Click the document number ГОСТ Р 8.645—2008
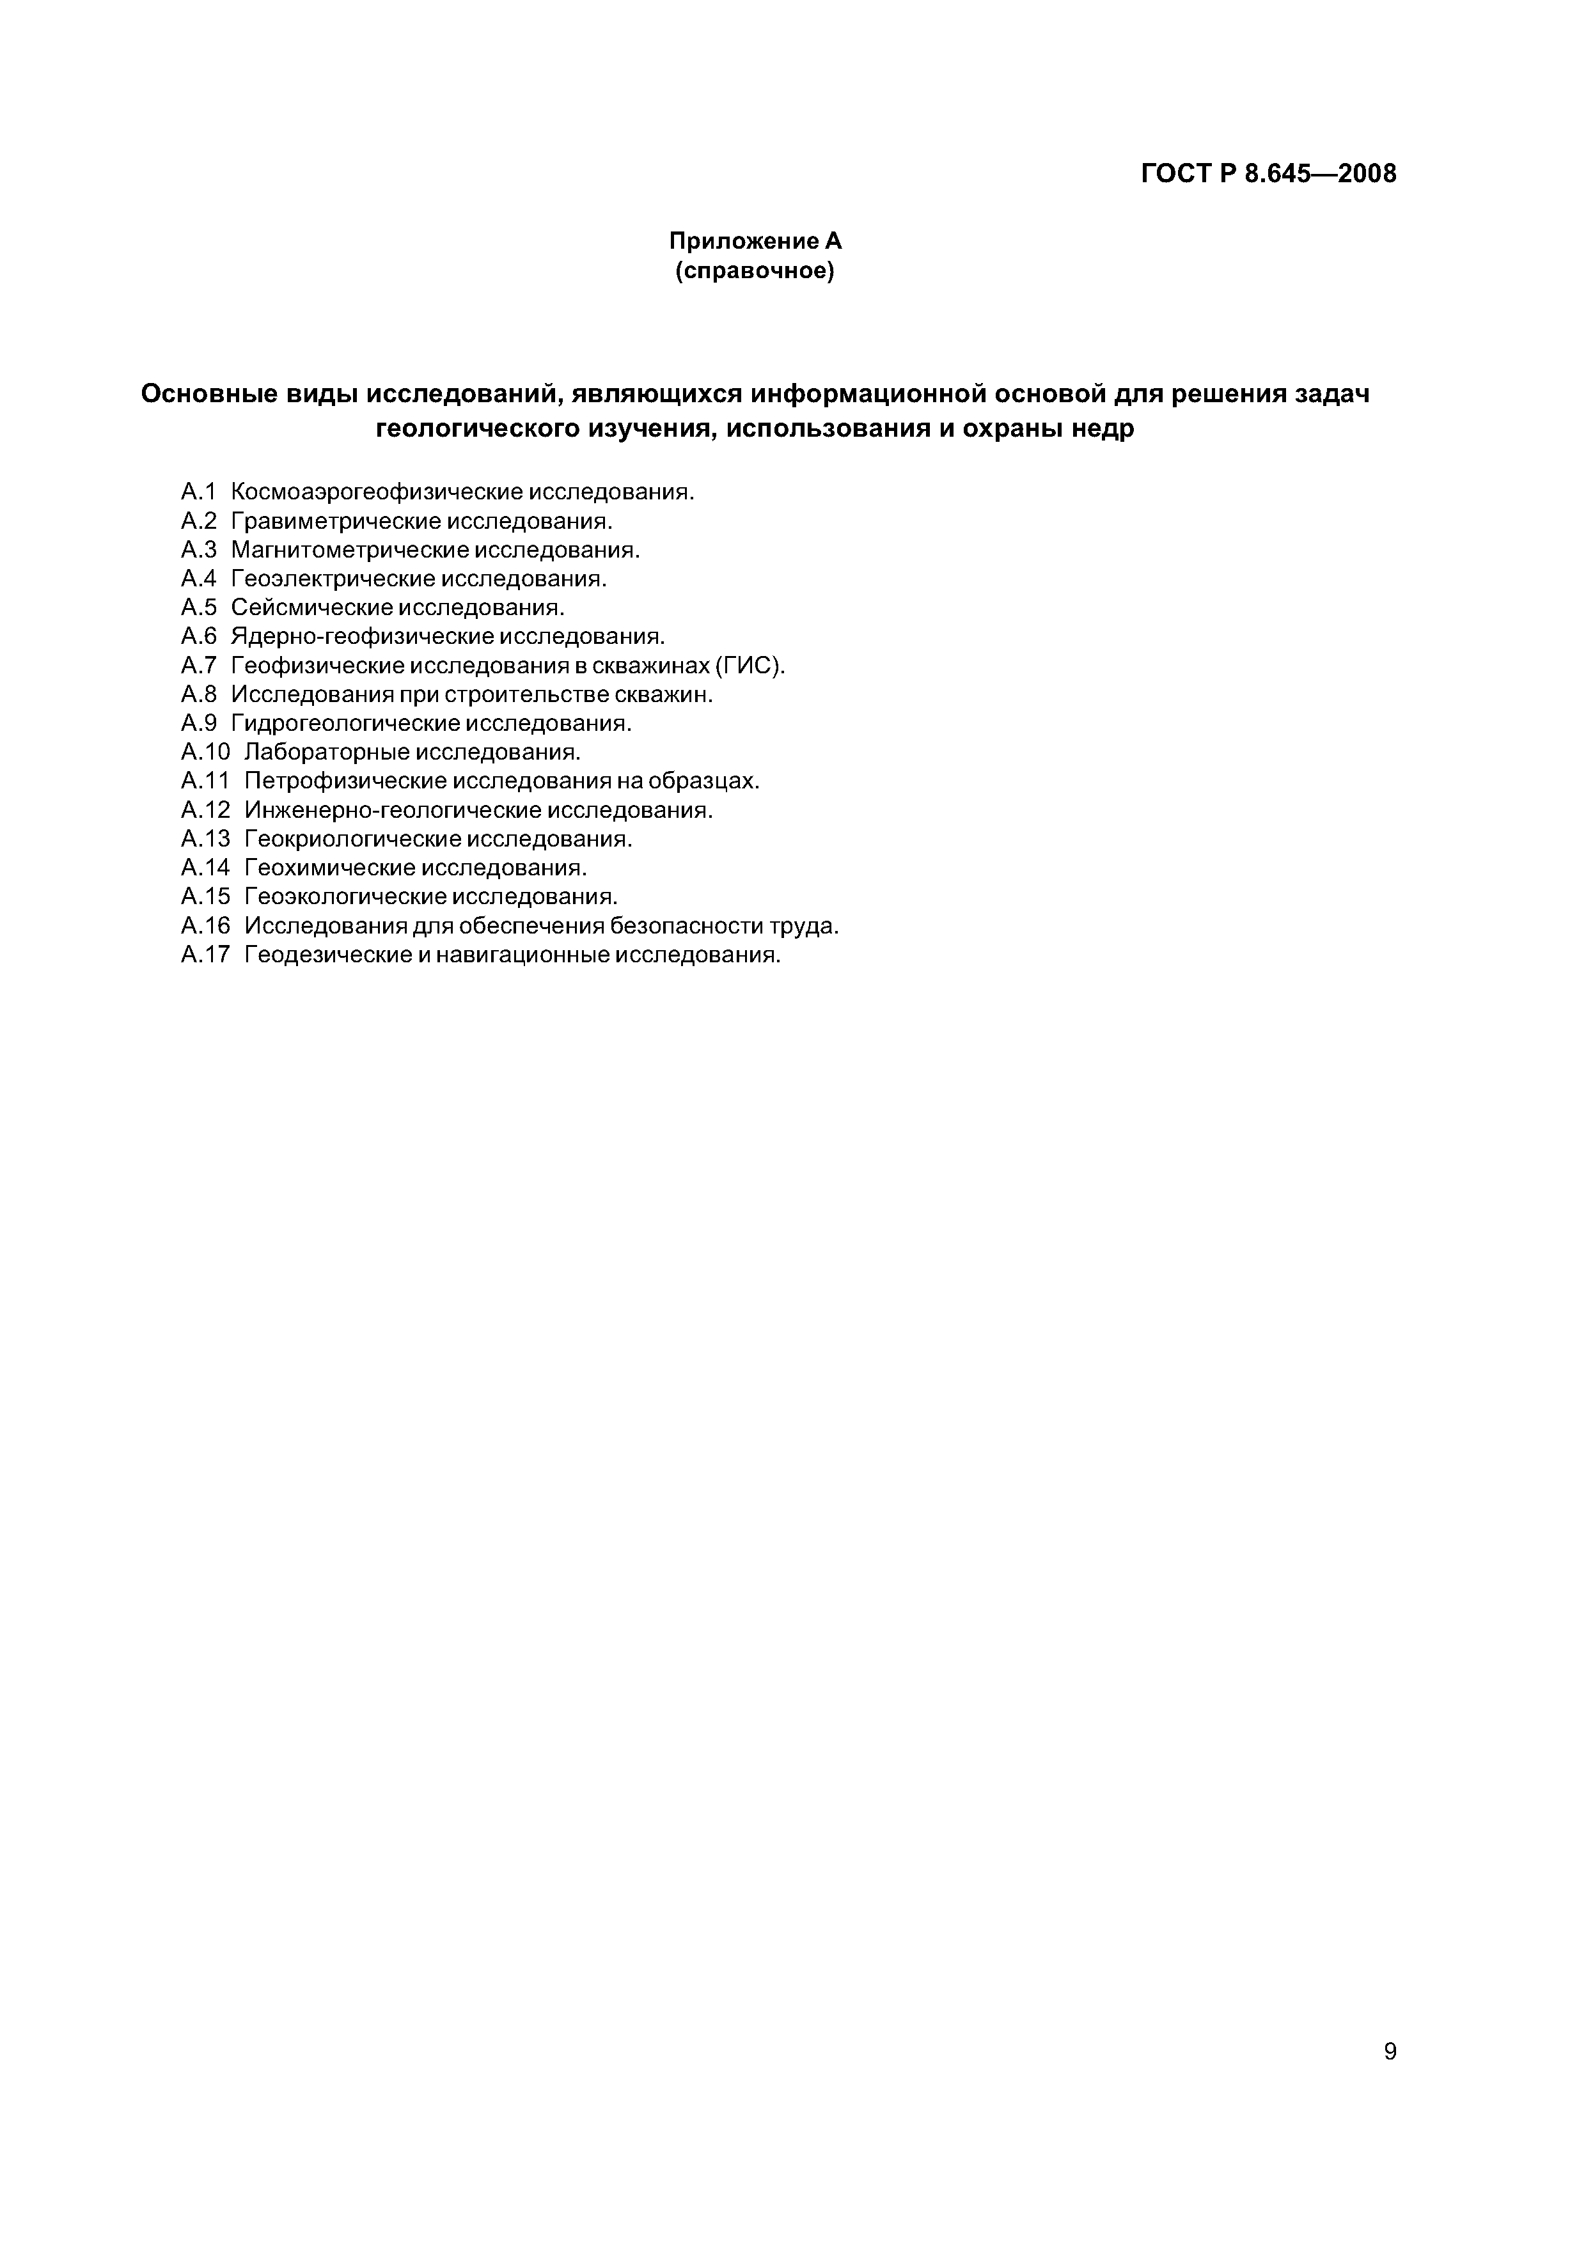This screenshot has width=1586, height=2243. pos(1268,174)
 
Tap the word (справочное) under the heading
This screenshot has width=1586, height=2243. pos(755,272)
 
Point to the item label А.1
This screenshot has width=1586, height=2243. pos(198,492)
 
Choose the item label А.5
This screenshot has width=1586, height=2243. pos(198,607)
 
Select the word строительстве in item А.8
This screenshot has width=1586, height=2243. pos(527,694)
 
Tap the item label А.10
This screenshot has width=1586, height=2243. pos(204,752)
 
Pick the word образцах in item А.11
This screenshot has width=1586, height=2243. pos(711,781)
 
